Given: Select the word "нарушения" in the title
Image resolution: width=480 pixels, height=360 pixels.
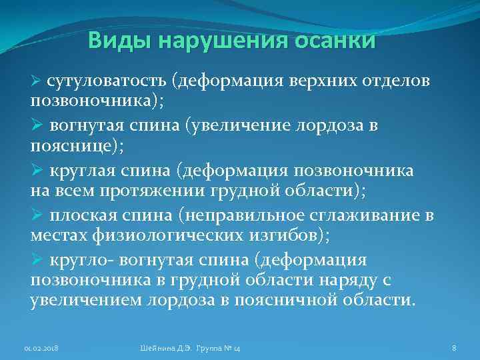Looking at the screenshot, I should [220, 42].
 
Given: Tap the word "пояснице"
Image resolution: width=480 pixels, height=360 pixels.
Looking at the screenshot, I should [69, 148].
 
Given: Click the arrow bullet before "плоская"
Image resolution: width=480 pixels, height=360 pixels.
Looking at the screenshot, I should [37, 215].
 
